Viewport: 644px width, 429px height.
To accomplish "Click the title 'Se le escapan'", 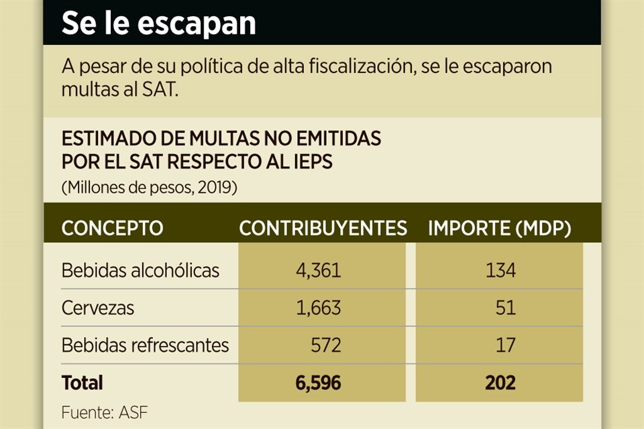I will (x=158, y=23).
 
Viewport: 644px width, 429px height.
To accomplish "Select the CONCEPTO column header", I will (x=112, y=228).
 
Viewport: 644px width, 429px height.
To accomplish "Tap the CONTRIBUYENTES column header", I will (x=323, y=228).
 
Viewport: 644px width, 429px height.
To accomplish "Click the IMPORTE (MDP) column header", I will (x=499, y=228).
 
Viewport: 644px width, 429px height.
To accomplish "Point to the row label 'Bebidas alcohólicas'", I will (x=140, y=271).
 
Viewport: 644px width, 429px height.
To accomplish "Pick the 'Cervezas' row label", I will (x=98, y=308).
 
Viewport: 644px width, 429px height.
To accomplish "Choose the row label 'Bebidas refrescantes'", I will (x=145, y=345).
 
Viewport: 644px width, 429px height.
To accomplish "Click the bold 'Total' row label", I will (x=83, y=383).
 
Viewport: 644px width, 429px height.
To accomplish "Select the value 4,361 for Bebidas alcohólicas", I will (x=318, y=271).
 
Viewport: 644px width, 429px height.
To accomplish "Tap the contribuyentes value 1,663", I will (x=318, y=308).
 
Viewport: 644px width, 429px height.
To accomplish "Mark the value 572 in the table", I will (x=326, y=345).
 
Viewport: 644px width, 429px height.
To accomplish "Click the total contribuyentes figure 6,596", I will (x=318, y=383).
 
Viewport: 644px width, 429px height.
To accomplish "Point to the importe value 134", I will (x=502, y=271).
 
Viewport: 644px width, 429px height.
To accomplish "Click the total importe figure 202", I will (x=501, y=383).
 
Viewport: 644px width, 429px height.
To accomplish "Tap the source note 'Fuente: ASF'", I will (x=104, y=412).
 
